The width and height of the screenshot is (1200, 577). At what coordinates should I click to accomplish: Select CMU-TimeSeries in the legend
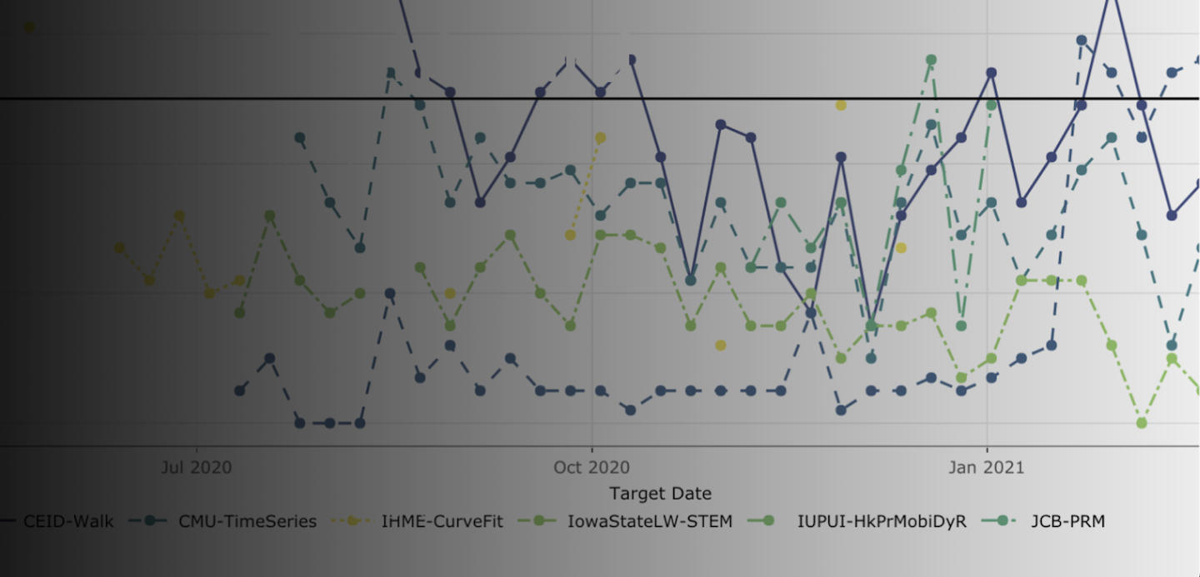point(247,522)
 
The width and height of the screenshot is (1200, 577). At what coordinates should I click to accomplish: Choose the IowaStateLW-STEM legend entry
point(649,522)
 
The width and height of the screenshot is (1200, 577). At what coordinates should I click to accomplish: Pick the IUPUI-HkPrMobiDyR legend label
point(882,522)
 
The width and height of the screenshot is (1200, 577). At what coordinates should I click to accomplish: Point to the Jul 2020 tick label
point(197,467)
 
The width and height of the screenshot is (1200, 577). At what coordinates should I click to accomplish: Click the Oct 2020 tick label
point(592,467)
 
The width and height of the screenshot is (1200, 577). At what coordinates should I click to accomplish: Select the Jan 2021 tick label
point(987,467)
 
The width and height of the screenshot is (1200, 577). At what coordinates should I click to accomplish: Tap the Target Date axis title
point(660,493)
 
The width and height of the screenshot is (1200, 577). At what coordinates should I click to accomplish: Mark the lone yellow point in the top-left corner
point(29,27)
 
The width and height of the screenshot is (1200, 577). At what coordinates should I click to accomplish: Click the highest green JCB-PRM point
point(931,60)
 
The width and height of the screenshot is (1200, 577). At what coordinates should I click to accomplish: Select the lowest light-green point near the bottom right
point(1142,423)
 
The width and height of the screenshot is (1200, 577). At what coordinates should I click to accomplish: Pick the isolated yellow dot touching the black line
point(841,105)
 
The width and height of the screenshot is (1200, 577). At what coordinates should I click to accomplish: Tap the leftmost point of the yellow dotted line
point(119,247)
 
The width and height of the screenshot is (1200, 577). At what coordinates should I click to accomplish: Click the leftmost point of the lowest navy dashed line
point(240,390)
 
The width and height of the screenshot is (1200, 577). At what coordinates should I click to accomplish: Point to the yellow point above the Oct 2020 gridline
point(600,137)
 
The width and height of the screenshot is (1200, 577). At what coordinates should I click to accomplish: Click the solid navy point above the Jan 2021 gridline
point(992,72)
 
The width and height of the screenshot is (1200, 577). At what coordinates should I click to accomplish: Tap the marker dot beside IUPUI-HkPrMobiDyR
point(768,521)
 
